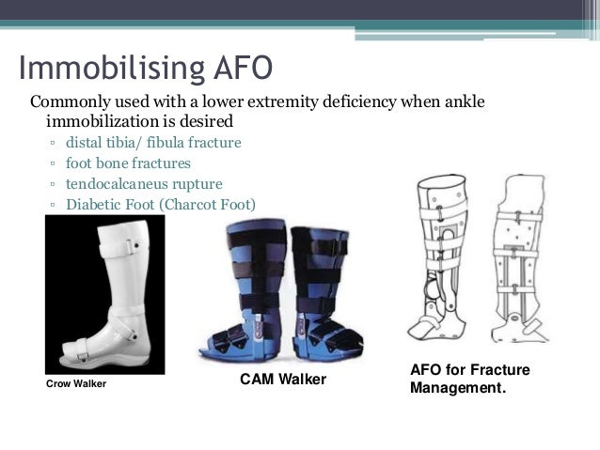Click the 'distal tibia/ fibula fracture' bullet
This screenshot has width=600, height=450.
(153, 143)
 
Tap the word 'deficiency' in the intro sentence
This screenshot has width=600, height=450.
(324, 101)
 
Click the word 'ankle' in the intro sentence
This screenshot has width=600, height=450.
(463, 101)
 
